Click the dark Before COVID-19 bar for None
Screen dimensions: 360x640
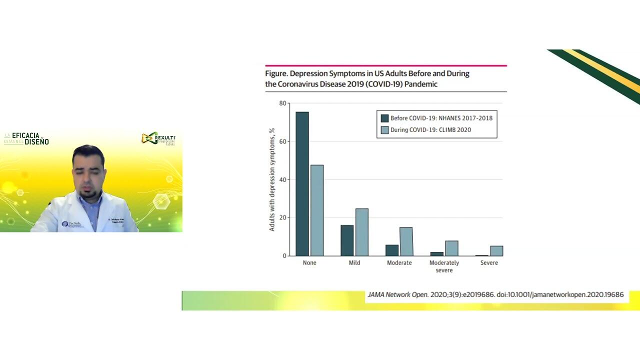click(302, 183)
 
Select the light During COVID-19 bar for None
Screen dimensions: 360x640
click(317, 210)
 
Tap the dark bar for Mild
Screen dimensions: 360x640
click(347, 240)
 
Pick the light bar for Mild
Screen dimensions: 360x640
click(362, 232)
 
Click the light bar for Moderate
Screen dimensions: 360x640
click(406, 241)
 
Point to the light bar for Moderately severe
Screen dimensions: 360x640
click(451, 248)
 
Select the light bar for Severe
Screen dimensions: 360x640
click(496, 251)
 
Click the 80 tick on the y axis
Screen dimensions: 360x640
click(283, 103)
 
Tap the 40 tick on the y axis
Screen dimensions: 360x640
click(283, 179)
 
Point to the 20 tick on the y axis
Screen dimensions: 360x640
click(283, 217)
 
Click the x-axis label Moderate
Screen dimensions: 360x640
click(399, 263)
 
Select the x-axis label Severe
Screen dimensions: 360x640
click(489, 263)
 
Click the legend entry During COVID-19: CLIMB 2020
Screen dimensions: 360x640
click(430, 130)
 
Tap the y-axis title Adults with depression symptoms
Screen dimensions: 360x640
click(272, 179)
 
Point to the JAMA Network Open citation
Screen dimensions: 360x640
click(495, 295)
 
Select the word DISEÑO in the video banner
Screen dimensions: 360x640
click(37, 141)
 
